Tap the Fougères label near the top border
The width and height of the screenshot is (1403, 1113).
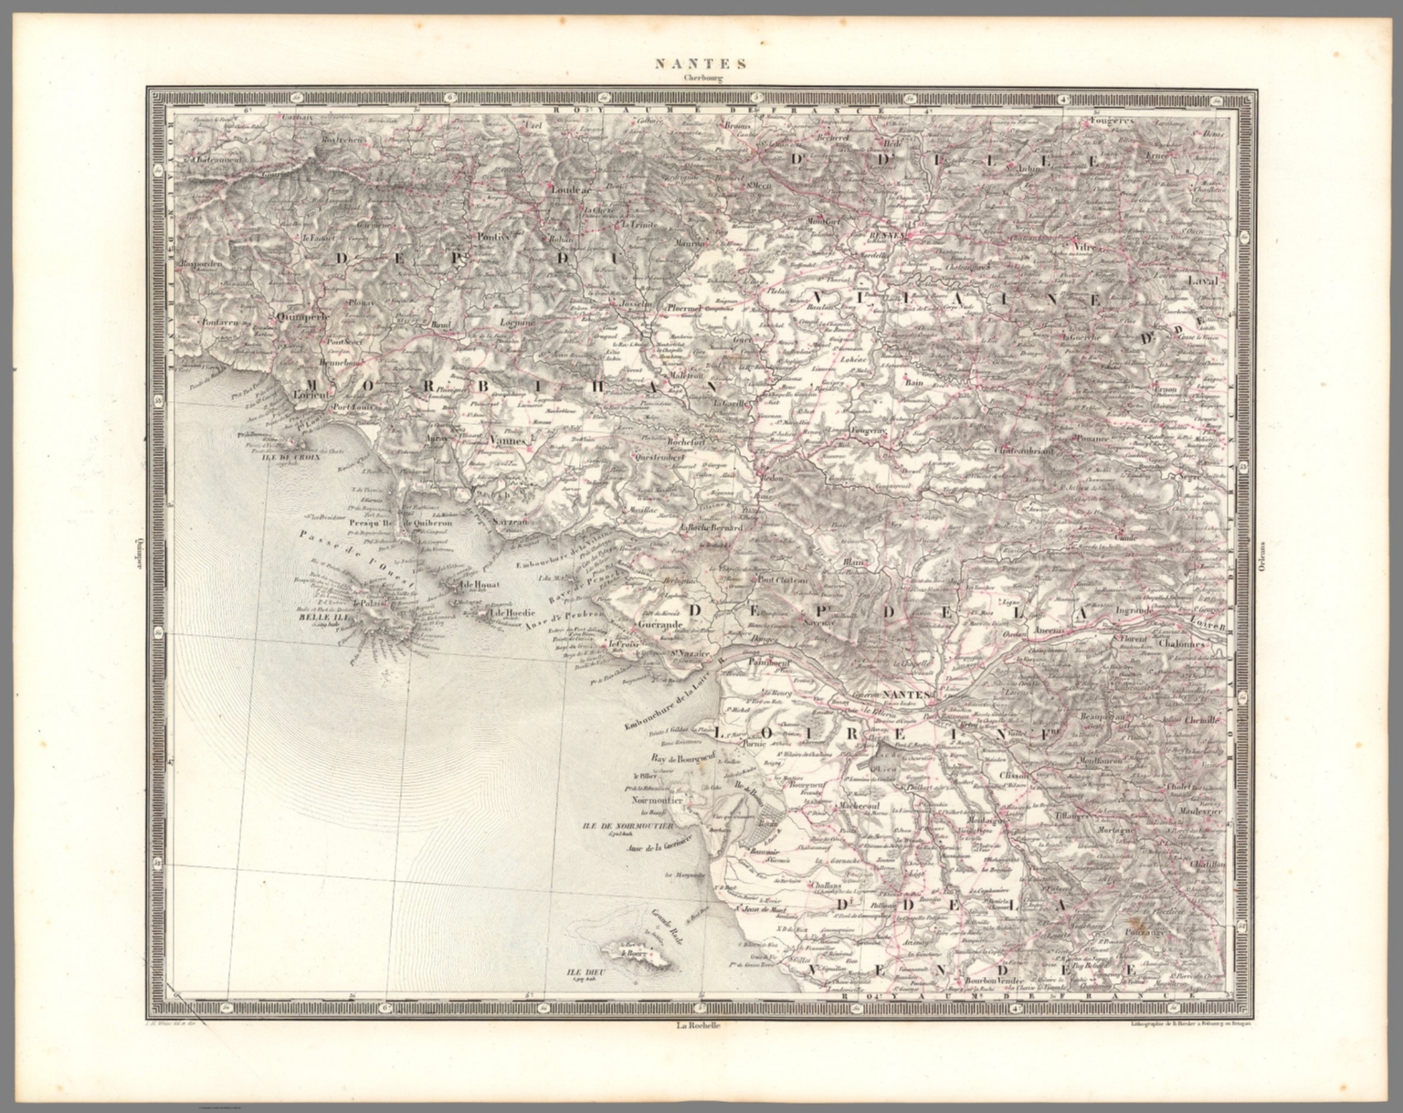point(1111,120)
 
